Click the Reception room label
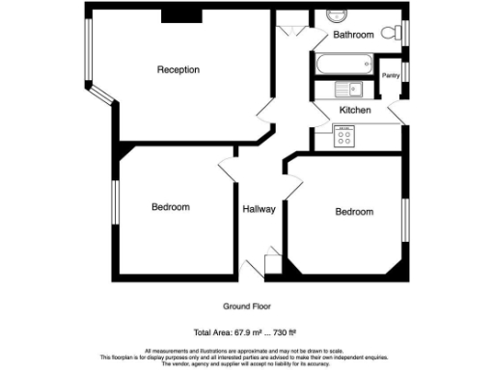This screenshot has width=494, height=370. (x=178, y=69)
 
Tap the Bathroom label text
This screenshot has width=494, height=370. (x=353, y=35)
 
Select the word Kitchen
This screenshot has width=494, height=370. (x=355, y=111)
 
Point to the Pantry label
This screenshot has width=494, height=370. (x=391, y=74)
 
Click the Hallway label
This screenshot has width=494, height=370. (x=259, y=208)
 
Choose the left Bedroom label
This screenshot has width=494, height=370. (x=170, y=207)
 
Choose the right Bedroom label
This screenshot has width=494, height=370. (x=354, y=212)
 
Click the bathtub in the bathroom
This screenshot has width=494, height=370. (x=342, y=64)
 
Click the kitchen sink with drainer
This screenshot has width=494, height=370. (x=347, y=90)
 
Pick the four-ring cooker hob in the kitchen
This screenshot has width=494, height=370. (x=343, y=136)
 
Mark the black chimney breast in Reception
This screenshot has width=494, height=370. (x=180, y=13)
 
